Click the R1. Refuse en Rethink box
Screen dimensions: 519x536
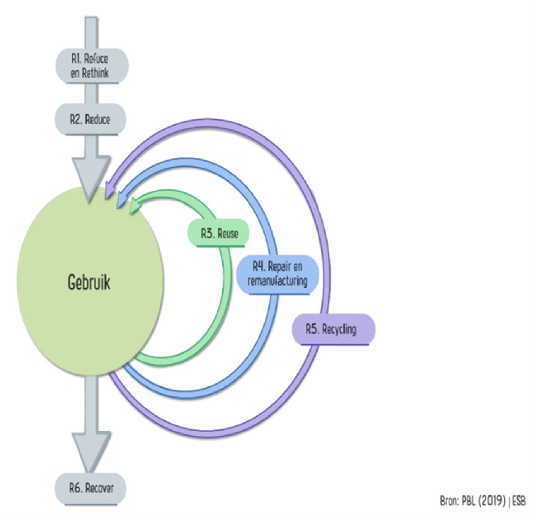tap(92, 66)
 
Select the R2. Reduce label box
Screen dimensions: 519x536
tap(90, 119)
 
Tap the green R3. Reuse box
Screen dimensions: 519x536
tap(218, 233)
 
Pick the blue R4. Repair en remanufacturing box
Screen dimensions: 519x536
tap(277, 274)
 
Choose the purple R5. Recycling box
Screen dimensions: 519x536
tap(333, 329)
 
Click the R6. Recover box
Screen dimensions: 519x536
tap(90, 488)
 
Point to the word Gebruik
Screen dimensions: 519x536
tap(89, 282)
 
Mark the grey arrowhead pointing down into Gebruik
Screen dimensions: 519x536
tap(91, 176)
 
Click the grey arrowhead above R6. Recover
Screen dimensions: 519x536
tap(91, 450)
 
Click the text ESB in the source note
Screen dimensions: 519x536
tap(519, 501)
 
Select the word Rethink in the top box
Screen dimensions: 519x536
tap(95, 73)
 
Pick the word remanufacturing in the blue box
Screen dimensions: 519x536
tap(277, 281)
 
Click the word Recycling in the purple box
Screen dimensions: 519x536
tap(339, 329)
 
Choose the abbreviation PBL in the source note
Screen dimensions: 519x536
tap(469, 501)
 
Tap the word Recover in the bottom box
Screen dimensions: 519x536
tap(99, 488)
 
